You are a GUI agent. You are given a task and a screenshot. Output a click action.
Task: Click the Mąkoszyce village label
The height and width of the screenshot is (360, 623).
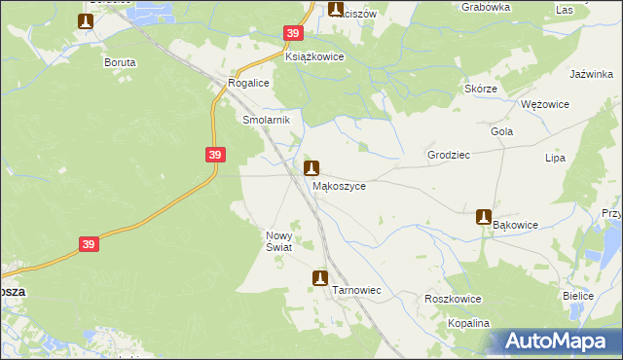[339, 186]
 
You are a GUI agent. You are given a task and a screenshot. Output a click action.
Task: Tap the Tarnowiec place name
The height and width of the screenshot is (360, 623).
[356, 291]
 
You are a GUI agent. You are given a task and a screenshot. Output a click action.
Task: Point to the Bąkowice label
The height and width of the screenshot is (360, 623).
[515, 225]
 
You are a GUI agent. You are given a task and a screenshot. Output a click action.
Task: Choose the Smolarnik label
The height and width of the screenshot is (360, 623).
[262, 120]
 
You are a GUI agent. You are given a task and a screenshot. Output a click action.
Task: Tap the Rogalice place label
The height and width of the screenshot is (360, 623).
[248, 84]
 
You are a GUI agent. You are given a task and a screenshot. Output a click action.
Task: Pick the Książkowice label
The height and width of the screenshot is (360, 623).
[314, 57]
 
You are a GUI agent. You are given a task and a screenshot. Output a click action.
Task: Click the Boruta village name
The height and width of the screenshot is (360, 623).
[120, 61]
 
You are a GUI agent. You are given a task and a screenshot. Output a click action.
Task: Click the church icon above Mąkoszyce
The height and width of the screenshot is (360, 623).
[311, 167]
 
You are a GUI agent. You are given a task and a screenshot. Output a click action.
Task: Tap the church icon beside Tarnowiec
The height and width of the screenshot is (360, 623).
[319, 279]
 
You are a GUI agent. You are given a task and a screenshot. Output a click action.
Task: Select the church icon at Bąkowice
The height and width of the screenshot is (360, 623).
[483, 217]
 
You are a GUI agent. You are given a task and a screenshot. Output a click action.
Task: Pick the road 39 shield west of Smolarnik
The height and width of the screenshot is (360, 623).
[216, 155]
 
